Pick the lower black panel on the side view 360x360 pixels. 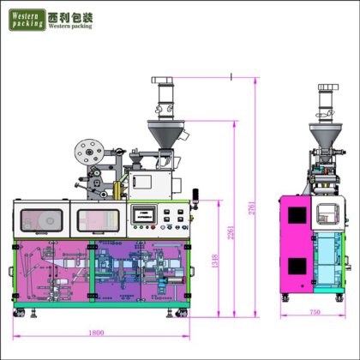(297, 272)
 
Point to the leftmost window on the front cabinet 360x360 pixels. (42, 220)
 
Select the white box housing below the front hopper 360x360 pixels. (153, 183)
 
